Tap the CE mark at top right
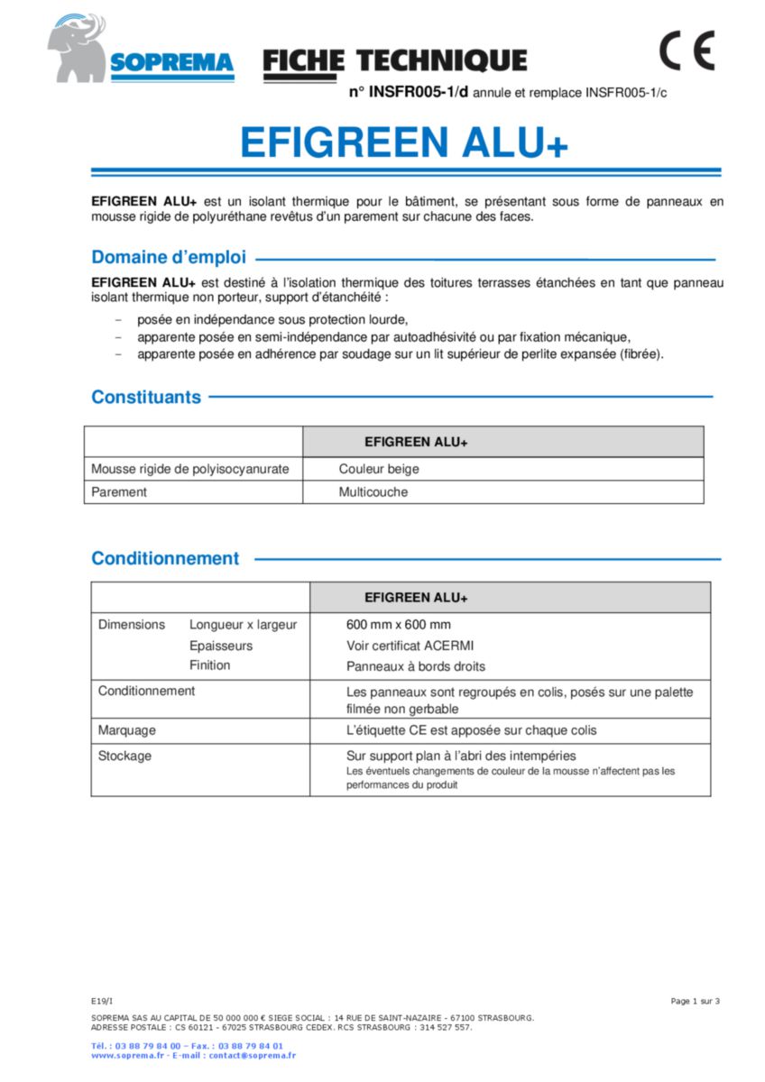point(687,50)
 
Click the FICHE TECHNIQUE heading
point(395,60)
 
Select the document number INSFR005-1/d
point(409,91)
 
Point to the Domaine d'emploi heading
point(169,257)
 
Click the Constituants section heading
point(146,397)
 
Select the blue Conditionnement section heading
point(165,558)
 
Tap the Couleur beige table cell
point(379,469)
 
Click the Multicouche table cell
point(373,492)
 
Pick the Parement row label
point(118,492)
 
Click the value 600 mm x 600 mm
point(399,625)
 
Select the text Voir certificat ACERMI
point(410,646)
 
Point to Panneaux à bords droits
point(415,666)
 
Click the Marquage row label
point(126,729)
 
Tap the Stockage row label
point(124,756)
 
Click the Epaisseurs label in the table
point(221,646)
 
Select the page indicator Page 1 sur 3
point(695,1001)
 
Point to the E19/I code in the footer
point(102,1001)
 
